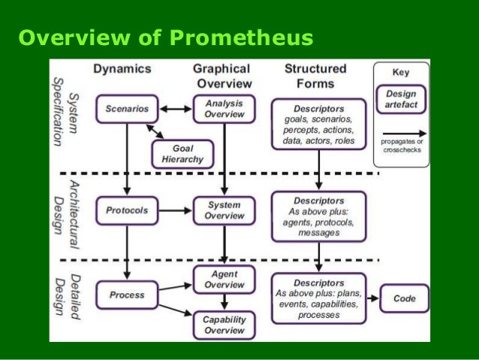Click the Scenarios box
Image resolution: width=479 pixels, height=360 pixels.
pyautogui.click(x=127, y=110)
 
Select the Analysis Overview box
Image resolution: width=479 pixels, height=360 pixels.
pyautogui.click(x=224, y=110)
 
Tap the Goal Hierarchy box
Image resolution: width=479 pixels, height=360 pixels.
pyautogui.click(x=182, y=155)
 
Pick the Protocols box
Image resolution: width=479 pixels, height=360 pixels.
pyautogui.click(x=127, y=210)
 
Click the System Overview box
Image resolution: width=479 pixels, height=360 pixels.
pyautogui.click(x=224, y=210)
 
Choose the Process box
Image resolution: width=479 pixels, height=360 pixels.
pyautogui.click(x=127, y=295)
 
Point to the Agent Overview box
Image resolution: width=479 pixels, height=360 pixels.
pyautogui.click(x=224, y=280)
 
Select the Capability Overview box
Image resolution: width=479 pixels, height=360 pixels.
pyautogui.click(x=224, y=325)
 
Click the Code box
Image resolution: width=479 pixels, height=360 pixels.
pyautogui.click(x=404, y=298)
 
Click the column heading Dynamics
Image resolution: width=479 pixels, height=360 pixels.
pyautogui.click(x=122, y=68)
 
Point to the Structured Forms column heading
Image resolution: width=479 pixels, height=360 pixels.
pyautogui.click(x=315, y=75)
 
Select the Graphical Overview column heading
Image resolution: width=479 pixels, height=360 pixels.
pyautogui.click(x=222, y=75)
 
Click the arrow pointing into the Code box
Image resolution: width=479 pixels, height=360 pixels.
pyautogui.click(x=371, y=298)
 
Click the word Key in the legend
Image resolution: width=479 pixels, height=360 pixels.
pyautogui.click(x=401, y=73)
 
